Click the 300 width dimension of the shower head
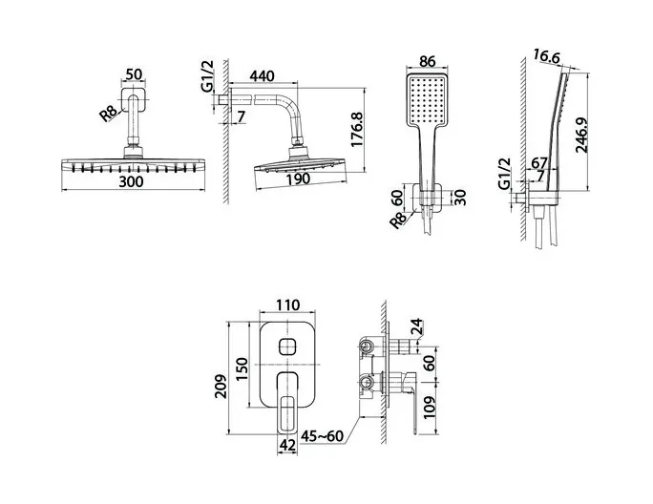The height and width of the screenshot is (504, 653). (x=131, y=181)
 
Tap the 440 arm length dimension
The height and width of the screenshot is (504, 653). (x=263, y=75)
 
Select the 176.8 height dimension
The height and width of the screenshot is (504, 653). (x=357, y=129)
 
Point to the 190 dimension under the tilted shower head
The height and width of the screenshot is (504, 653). (x=298, y=178)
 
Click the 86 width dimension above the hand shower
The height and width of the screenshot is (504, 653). (x=428, y=62)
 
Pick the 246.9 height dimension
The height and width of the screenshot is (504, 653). (x=581, y=135)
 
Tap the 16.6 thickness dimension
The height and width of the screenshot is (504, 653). (x=547, y=56)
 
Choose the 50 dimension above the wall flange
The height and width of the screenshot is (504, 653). (x=134, y=74)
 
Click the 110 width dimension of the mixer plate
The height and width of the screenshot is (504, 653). (x=287, y=304)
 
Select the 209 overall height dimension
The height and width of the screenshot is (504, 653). (x=221, y=387)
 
